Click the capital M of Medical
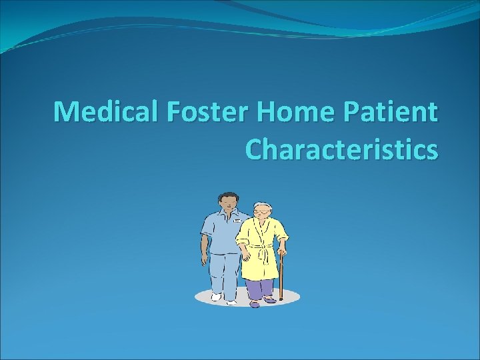67,112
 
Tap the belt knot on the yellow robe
263,254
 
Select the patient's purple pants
260,289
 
